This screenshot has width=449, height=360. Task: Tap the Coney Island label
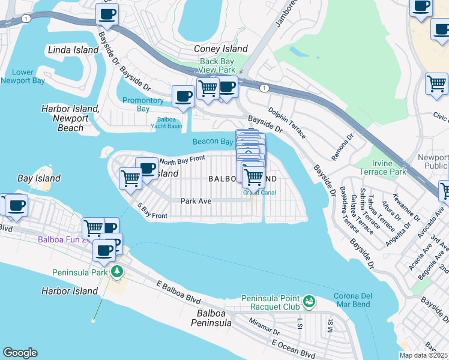click(220, 49)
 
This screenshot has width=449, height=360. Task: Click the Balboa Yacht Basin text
click(166, 122)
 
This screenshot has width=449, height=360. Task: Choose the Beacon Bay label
click(212, 142)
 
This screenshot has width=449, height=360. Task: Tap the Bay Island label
click(39, 178)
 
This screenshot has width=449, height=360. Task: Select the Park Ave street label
click(196, 202)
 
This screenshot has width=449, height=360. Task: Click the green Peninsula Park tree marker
click(117, 272)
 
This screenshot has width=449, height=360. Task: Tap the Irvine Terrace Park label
click(382, 167)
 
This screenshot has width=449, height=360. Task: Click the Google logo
click(20, 353)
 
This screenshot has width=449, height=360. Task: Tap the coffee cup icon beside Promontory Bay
click(183, 96)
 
